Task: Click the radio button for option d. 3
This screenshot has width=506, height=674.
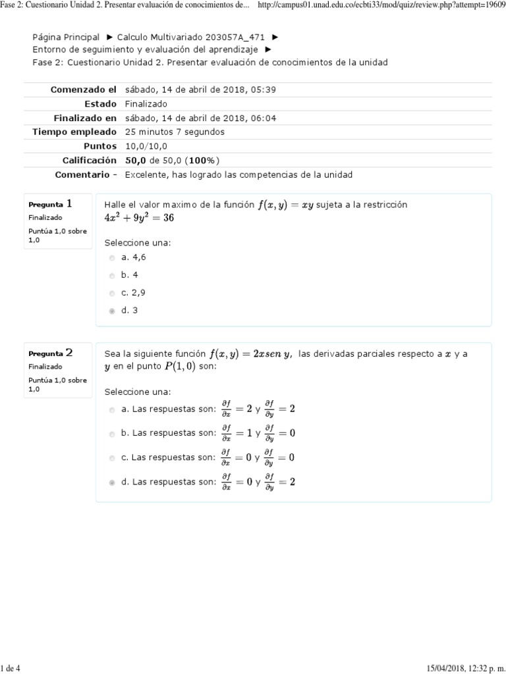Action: [112, 311]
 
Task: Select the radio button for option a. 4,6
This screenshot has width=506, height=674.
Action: [112, 258]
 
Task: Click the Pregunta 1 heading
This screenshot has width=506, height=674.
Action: [50, 204]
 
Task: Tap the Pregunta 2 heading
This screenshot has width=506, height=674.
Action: [50, 353]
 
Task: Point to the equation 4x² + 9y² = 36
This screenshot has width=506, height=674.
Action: [139, 218]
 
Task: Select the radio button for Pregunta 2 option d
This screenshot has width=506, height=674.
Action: [112, 482]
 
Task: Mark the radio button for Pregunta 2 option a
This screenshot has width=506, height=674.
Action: [112, 409]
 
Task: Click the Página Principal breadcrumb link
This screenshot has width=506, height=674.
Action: [66, 38]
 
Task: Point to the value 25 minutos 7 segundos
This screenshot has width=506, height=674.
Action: [175, 132]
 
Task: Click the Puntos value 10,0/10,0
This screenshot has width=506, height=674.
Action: [146, 146]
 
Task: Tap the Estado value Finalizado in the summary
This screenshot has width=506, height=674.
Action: [146, 104]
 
